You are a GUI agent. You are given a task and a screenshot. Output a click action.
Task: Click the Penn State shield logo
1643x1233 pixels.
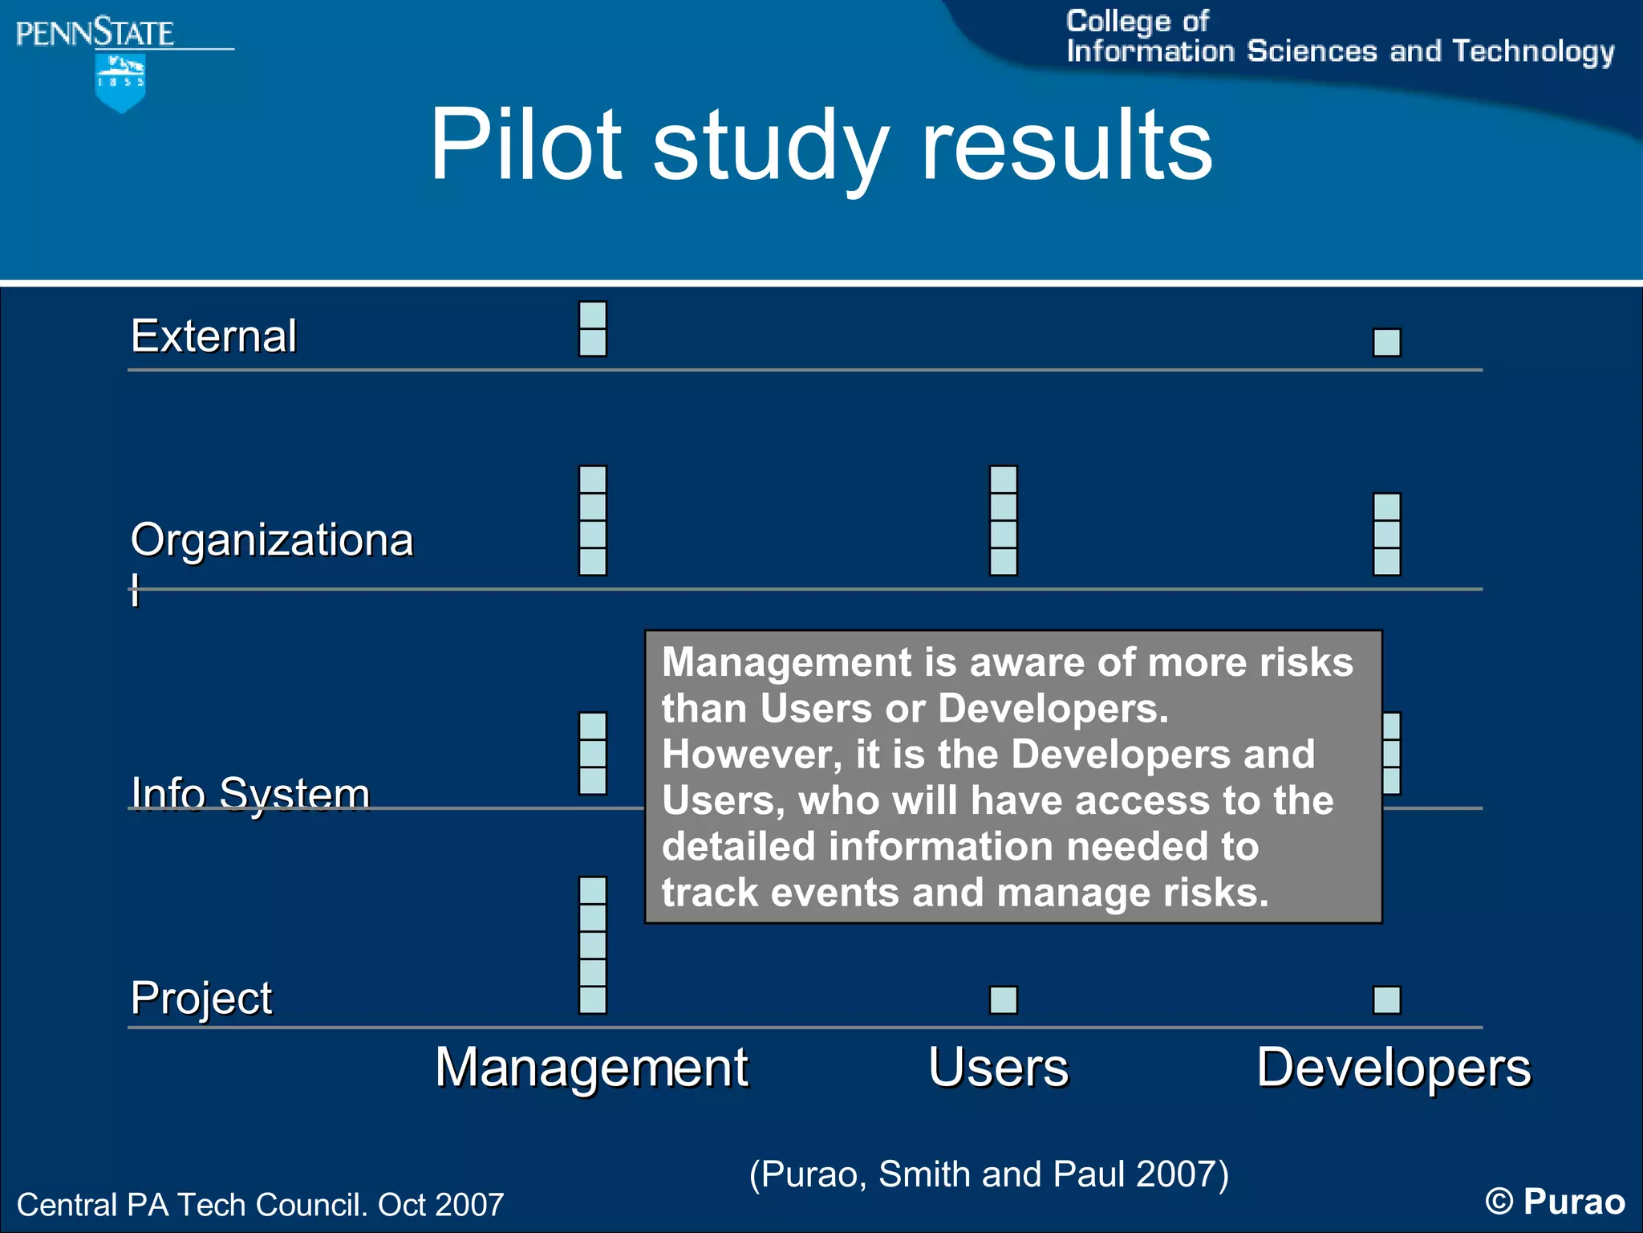coord(120,83)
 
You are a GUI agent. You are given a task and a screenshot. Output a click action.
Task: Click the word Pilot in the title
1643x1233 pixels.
coord(525,144)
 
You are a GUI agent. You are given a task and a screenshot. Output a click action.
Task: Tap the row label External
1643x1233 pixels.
coord(213,336)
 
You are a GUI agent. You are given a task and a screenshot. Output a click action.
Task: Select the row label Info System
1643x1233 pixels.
coord(250,794)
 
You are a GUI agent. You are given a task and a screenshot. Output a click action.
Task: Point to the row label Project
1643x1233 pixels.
coord(201,998)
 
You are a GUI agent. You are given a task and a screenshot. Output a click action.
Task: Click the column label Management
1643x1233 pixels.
coord(591,1068)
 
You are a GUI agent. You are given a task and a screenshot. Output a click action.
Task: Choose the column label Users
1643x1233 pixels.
coord(999,1068)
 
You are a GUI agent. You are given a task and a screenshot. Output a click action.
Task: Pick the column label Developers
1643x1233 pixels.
coord(1394,1068)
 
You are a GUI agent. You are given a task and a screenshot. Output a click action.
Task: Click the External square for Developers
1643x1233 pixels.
coord(1387,343)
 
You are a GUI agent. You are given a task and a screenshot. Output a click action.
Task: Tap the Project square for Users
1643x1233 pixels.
coord(1004,1000)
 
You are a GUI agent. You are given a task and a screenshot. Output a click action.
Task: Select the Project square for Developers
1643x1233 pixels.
coord(1387,1000)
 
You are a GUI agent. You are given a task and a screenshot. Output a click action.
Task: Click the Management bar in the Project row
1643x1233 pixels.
coord(593,945)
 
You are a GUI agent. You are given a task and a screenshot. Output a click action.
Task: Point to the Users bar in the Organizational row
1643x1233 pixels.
coord(1004,520)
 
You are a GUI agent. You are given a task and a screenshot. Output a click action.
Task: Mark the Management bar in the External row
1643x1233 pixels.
coord(593,328)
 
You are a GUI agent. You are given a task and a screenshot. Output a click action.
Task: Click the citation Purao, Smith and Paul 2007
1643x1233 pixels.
coord(988,1174)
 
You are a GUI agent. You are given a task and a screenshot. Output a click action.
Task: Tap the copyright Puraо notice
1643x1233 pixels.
coord(1555,1202)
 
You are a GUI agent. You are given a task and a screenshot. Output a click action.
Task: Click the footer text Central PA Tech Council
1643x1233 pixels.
coord(260,1205)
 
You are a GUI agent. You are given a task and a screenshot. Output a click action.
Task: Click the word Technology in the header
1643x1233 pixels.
coord(1533,51)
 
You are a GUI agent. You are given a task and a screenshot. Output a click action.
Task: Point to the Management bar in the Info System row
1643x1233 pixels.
coord(593,753)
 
